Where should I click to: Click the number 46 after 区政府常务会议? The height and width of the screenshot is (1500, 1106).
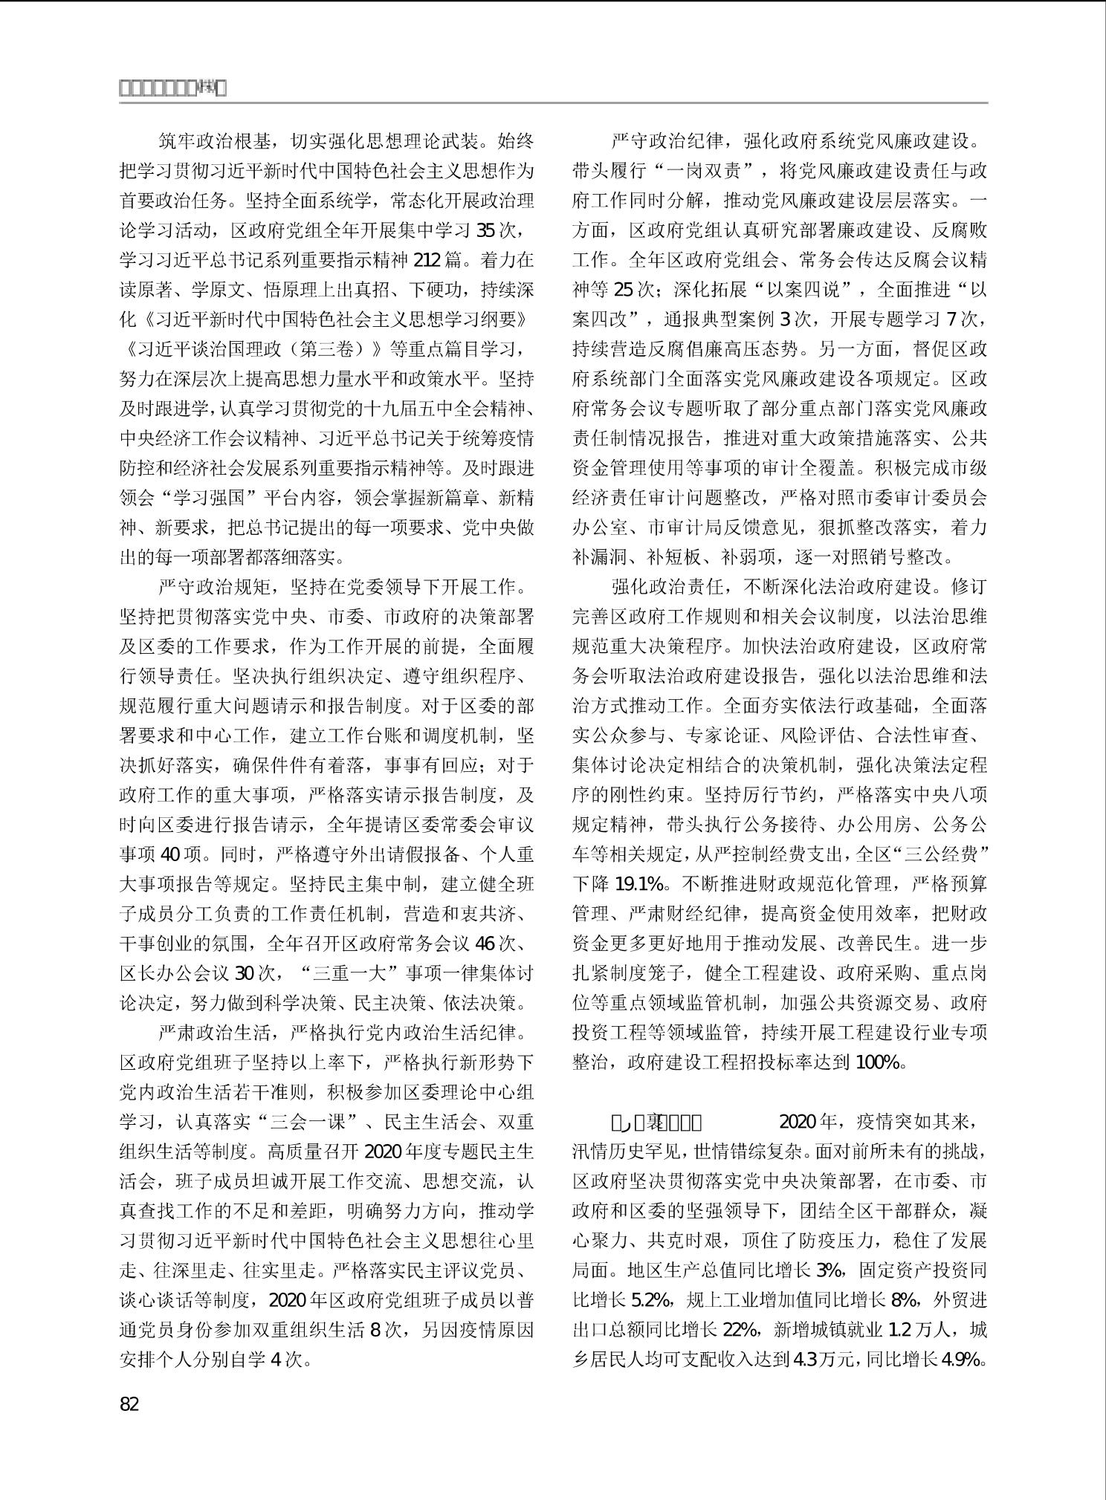(485, 944)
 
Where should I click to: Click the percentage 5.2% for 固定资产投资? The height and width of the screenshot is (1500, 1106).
(652, 1299)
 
